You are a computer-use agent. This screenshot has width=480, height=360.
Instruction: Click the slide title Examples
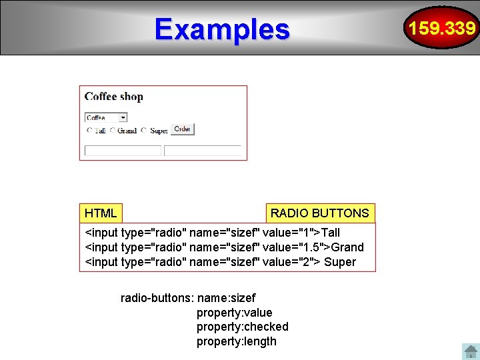coord(222,29)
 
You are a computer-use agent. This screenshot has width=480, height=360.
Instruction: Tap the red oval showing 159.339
coord(442,28)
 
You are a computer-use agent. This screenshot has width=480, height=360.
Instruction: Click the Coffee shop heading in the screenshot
coord(114,97)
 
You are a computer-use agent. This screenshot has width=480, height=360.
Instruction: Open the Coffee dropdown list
coord(123,117)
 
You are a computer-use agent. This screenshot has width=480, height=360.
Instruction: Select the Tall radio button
coord(89,131)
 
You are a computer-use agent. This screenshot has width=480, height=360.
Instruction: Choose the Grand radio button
coord(113,131)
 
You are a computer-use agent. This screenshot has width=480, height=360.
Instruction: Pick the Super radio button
coord(144,131)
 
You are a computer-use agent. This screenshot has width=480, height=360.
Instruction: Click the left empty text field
coord(123,151)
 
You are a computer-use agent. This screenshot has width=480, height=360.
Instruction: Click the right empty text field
coord(203,151)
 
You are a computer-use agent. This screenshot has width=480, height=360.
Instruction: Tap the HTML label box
coord(101,213)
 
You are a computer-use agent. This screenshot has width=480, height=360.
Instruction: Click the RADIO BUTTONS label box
coord(320,213)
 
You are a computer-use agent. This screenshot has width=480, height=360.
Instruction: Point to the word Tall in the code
coord(330,233)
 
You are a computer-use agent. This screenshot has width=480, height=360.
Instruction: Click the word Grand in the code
coord(347,247)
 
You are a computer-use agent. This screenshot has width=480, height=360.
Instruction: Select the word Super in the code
coord(340,262)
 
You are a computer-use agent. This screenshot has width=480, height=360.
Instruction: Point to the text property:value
coord(234,313)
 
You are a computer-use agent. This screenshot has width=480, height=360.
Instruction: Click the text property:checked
coord(242,327)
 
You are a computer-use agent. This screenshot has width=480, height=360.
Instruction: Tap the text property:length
coord(236,341)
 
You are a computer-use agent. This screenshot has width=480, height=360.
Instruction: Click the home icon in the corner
coord(470,351)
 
